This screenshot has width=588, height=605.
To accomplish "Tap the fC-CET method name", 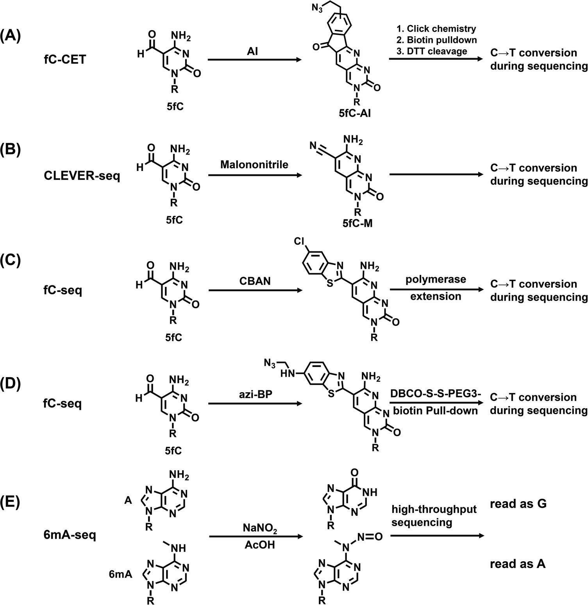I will coord(64,60).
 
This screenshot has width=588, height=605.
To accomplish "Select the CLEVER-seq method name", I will coord(82,176).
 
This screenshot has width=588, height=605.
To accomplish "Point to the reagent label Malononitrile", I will coord(254,164).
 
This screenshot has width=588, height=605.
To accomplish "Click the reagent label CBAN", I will coord(254,281).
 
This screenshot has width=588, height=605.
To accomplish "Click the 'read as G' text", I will coord(518,504).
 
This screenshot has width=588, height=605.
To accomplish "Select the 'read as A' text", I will coord(518,564).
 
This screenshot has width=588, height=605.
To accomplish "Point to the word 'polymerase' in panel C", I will coord(436,279).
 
